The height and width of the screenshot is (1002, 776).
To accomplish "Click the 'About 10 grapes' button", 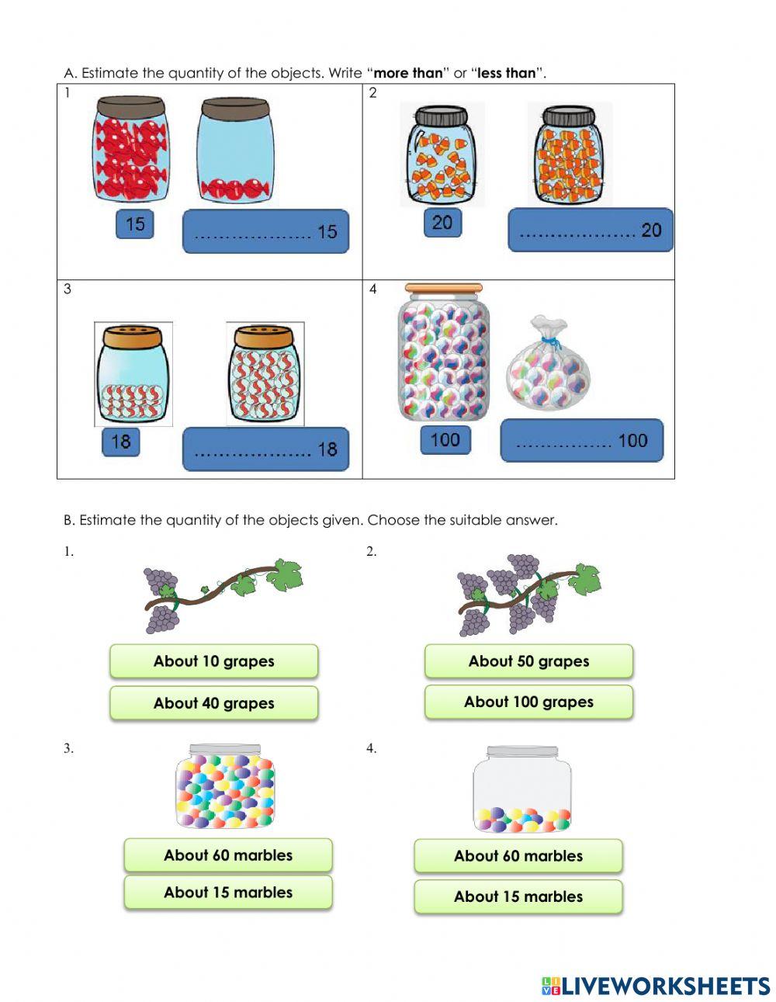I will [213, 661].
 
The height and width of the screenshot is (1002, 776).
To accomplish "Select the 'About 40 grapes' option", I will [213, 703].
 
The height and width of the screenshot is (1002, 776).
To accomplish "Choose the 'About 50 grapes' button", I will [528, 661].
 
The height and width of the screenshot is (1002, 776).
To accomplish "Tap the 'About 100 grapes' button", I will [528, 702].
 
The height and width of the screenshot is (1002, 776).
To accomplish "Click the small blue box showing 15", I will [135, 224].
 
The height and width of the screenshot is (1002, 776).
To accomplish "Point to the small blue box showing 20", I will [442, 223].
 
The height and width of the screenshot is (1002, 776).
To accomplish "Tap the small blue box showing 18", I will [121, 442].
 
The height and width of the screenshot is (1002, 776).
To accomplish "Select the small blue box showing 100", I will [445, 440].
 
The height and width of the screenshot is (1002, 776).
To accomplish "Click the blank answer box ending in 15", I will [265, 231].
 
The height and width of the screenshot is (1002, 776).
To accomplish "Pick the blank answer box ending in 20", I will [590, 230].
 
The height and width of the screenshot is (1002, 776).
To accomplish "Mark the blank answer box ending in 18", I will [265, 449].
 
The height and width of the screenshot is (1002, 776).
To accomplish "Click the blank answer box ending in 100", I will [581, 441].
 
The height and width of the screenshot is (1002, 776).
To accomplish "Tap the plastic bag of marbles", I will [548, 369].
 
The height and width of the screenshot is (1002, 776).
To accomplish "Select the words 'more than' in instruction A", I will [408, 73].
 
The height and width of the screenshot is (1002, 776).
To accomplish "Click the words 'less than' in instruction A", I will [506, 73].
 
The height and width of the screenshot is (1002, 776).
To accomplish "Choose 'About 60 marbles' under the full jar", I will [228, 855].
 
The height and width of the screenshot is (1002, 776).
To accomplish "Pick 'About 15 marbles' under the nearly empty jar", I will [518, 896].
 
